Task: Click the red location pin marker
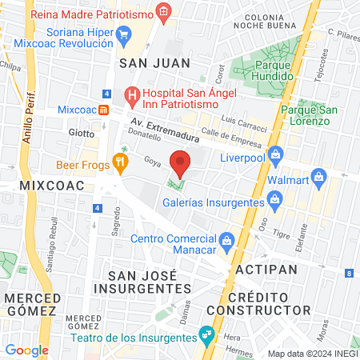[181, 163]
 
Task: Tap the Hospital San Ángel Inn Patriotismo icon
[133, 95]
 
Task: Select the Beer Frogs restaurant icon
[120, 161]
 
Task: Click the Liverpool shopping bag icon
[275, 153]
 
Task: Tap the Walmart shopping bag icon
[318, 175]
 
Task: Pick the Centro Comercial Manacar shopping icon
[227, 240]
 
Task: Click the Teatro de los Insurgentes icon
[207, 331]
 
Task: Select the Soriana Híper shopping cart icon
[123, 34]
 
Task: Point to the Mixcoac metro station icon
[103, 110]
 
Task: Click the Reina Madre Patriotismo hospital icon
[163, 12]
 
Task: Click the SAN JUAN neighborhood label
[154, 62]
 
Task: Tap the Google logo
[26, 350]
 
